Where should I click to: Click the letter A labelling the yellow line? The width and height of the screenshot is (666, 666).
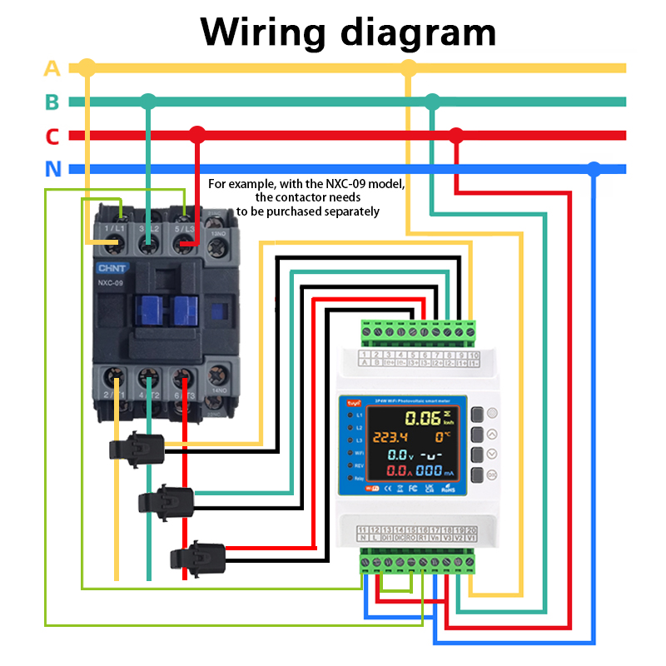[x=52, y=68]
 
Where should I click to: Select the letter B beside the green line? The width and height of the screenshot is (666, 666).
[x=52, y=102]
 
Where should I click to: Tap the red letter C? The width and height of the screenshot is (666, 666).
[x=52, y=136]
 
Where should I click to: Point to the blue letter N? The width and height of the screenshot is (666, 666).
[x=53, y=170]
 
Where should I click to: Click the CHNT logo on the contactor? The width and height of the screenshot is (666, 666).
[x=112, y=268]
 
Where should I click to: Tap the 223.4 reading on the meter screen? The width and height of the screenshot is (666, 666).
[x=390, y=438]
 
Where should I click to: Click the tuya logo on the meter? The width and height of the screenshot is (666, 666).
[x=345, y=404]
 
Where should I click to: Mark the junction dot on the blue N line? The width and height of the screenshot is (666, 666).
[x=593, y=168]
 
